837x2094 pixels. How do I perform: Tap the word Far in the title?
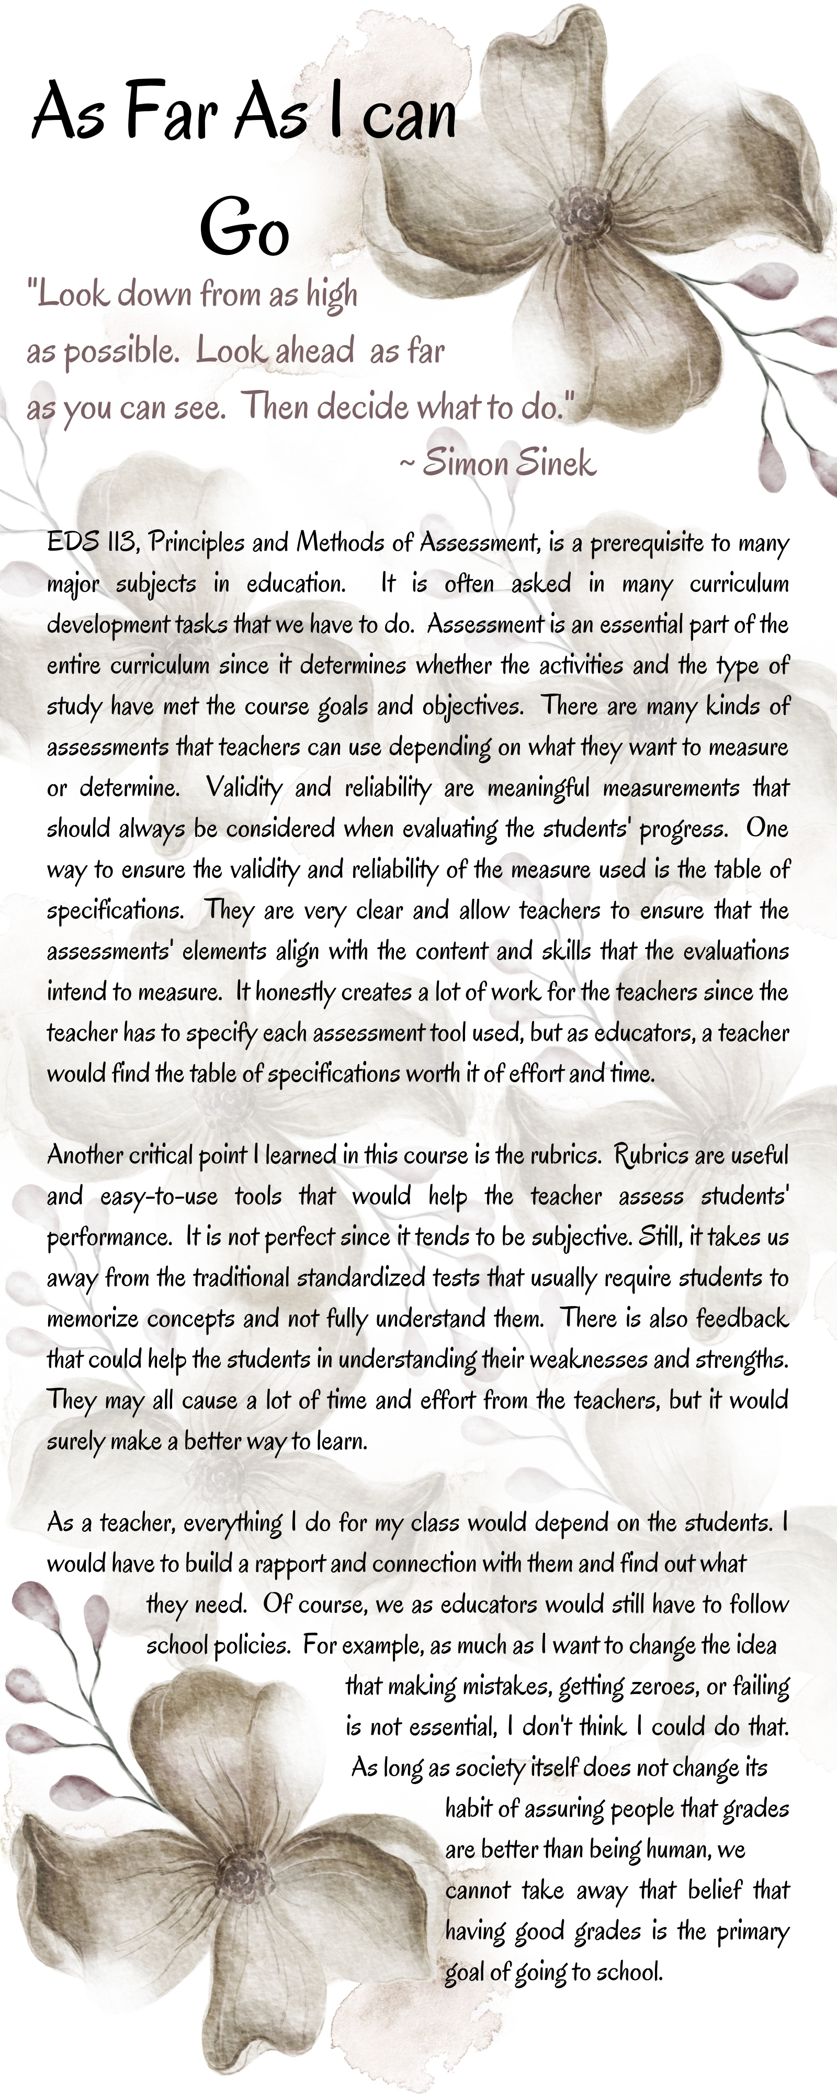171,114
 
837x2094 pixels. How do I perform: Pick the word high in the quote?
332,294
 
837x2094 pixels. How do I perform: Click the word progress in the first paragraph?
683,829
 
